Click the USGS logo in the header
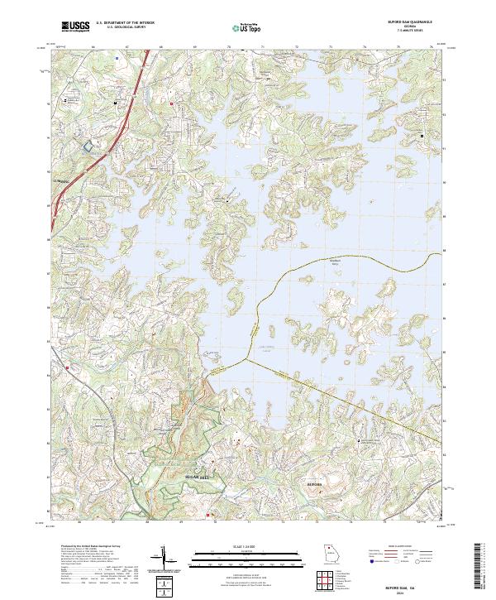click(x=74, y=27)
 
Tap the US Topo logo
click(x=250, y=28)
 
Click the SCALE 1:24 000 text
click(x=248, y=546)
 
